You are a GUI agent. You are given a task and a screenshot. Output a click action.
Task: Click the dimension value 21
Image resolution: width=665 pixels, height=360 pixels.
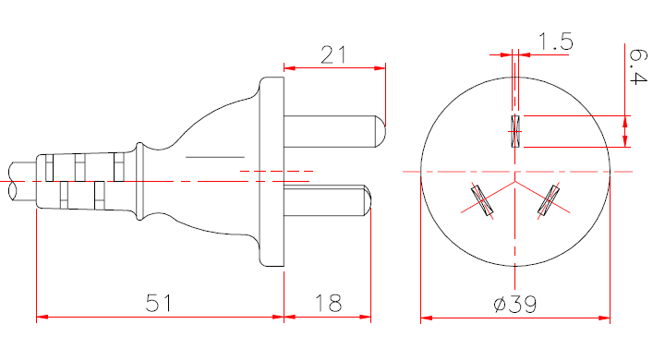(333, 55)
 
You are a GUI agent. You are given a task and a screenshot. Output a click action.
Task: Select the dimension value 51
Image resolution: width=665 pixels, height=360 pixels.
(159, 303)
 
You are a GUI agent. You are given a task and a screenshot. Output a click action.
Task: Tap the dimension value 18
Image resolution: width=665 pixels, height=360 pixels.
(328, 303)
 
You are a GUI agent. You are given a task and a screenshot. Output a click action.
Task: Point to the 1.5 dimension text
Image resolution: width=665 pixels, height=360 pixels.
(556, 42)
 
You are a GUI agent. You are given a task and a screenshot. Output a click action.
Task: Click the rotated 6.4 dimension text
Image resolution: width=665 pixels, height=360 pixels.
(638, 66)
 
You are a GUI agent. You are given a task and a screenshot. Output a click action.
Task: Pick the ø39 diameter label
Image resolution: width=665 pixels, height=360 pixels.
(515, 304)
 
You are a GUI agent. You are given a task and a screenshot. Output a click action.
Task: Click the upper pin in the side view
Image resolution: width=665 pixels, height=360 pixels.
(334, 131)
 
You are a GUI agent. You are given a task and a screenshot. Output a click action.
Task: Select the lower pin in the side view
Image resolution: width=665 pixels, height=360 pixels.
(327, 200)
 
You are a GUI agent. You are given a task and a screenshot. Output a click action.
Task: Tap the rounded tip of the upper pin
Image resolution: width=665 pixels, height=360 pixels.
(381, 131)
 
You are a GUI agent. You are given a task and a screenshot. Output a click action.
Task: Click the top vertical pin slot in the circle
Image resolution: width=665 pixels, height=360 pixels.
(515, 131)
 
